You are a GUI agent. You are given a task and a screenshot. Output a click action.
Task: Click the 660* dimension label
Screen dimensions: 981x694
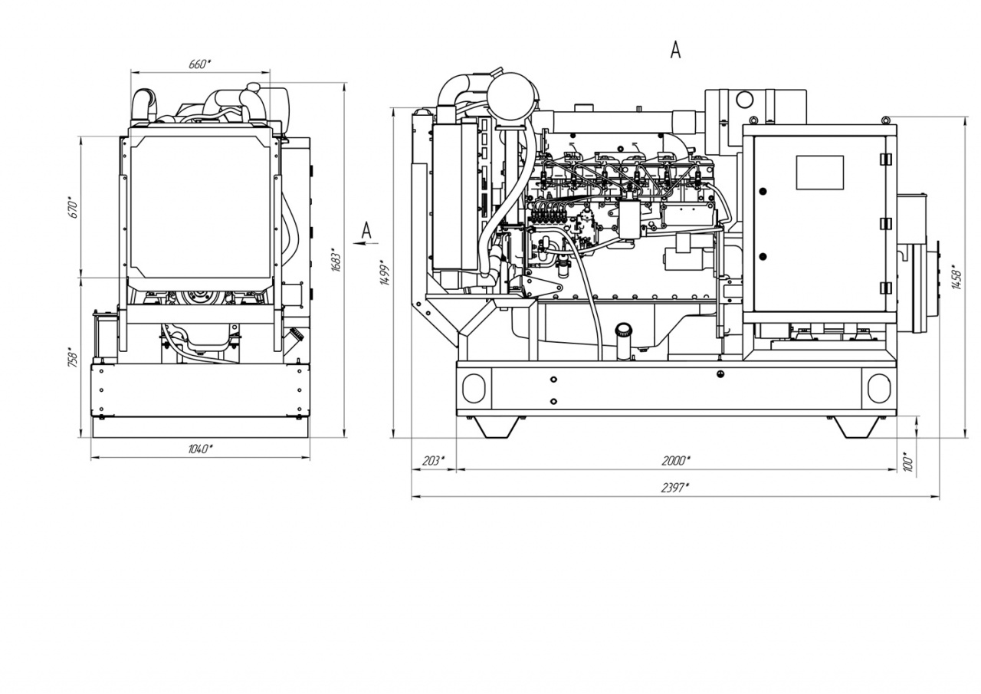[x=200, y=64]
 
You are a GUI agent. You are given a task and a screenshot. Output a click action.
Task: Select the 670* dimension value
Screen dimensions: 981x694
[x=74, y=209]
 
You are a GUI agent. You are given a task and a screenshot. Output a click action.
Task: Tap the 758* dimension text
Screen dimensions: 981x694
[x=73, y=357]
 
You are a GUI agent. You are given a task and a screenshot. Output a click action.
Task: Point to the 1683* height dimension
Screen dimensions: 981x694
[x=336, y=260]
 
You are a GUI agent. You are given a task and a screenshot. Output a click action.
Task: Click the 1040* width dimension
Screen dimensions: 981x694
[x=201, y=449]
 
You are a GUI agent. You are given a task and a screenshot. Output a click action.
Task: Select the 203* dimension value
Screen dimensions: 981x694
[x=433, y=460]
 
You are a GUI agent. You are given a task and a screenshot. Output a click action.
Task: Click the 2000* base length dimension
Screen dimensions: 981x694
[x=676, y=460]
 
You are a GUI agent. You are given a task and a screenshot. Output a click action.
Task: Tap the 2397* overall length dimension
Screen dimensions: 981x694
[x=675, y=488]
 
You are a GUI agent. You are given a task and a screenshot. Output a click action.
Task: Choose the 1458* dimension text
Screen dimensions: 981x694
[x=957, y=277]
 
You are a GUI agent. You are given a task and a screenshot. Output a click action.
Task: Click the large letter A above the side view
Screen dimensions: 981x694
[x=675, y=50]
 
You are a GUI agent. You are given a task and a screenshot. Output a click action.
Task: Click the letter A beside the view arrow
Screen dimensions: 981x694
[x=366, y=231]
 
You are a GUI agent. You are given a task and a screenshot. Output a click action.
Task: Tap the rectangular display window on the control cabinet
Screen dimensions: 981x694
[x=820, y=173]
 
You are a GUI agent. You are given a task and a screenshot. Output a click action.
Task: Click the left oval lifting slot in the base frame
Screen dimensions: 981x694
[x=474, y=388]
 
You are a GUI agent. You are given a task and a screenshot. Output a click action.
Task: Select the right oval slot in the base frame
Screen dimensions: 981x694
[x=879, y=388]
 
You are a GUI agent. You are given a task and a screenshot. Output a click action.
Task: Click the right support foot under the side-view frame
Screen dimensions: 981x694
[x=857, y=426]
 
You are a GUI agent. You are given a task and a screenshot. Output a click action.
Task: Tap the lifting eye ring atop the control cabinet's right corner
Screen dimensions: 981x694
[x=885, y=120]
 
